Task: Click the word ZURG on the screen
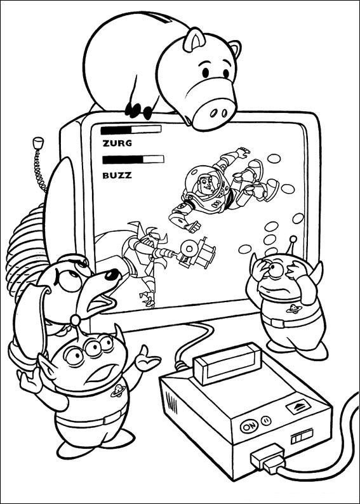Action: [x=117, y=143]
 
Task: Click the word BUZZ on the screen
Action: [x=117, y=175]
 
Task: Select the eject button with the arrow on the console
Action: [x=298, y=407]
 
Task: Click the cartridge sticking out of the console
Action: [x=228, y=363]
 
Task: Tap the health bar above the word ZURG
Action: [x=131, y=129]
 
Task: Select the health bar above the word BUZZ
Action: [x=133, y=159]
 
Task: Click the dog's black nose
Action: [x=112, y=275]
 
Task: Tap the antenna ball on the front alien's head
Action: [x=76, y=320]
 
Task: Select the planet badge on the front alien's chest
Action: [x=118, y=390]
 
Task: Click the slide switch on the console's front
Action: [x=302, y=438]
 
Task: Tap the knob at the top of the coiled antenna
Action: [x=38, y=143]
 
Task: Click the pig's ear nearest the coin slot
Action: [x=194, y=39]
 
